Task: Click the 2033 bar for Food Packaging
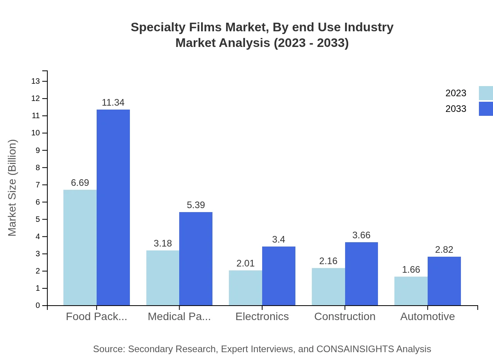click(x=113, y=207)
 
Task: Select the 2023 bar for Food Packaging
click(x=80, y=248)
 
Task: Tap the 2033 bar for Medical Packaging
click(x=196, y=259)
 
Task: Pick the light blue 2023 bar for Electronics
click(x=245, y=288)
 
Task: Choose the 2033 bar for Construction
click(x=362, y=274)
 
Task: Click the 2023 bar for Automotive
click(x=411, y=291)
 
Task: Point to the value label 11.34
click(x=113, y=103)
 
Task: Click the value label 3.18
click(x=163, y=243)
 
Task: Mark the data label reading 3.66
click(x=361, y=235)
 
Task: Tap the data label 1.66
click(x=411, y=270)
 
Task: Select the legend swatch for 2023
click(x=486, y=93)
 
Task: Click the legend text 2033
click(x=456, y=109)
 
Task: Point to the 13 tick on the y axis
click(x=36, y=81)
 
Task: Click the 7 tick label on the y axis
click(x=38, y=185)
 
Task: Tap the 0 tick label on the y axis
click(x=38, y=306)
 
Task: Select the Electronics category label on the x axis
click(x=262, y=316)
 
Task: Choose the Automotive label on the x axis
click(x=427, y=316)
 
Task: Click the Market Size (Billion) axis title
click(x=13, y=188)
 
